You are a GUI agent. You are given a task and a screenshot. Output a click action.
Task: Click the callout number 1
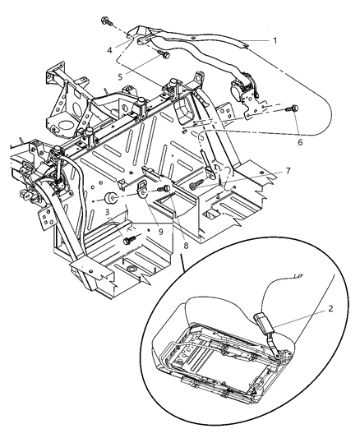coord(276,39)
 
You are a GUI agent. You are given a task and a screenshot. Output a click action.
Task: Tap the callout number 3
coord(108,212)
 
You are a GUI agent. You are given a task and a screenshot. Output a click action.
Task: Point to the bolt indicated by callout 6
coord(293,108)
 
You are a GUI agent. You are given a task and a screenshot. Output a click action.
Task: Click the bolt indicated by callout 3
coord(129,239)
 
